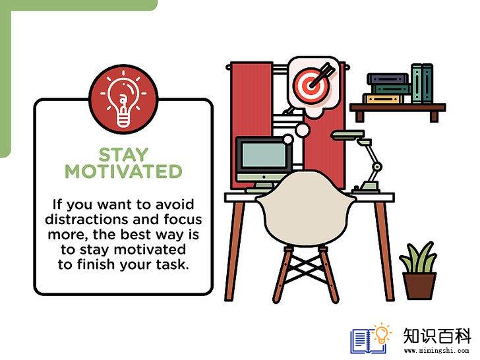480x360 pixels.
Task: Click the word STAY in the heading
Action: [123, 154]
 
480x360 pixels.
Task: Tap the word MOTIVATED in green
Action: [123, 171]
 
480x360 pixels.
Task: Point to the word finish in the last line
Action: [96, 264]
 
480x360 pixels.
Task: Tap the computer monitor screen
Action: [263, 156]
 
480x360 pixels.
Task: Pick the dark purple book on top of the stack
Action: [388, 78]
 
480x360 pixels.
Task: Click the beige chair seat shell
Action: [306, 208]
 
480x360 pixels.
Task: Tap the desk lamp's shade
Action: [349, 135]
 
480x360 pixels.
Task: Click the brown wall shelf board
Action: [398, 107]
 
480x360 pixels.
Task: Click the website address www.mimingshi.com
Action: [436, 351]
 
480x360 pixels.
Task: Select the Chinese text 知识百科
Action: [436, 336]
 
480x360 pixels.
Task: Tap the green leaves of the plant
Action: [418, 258]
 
